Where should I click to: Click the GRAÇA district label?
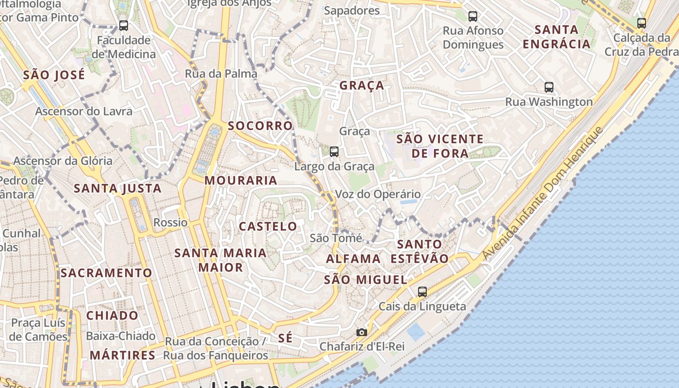pyautogui.click(x=361, y=86)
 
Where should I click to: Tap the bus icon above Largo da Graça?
pyautogui.click(x=334, y=152)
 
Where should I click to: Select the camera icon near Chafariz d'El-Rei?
pyautogui.click(x=361, y=332)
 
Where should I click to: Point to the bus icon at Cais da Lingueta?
pyautogui.click(x=422, y=291)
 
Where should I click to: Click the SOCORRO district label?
pyautogui.click(x=260, y=126)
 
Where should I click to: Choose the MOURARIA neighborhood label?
pyautogui.click(x=241, y=180)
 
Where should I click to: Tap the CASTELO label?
pyautogui.click(x=268, y=226)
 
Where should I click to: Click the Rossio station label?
pyautogui.click(x=170, y=223)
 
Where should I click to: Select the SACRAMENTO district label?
pyautogui.click(x=106, y=273)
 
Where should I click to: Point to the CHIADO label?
pyautogui.click(x=112, y=316)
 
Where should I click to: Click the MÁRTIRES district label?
pyautogui.click(x=122, y=355)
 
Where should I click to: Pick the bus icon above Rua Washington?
pyautogui.click(x=549, y=87)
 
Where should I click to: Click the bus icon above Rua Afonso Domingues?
pyautogui.click(x=473, y=16)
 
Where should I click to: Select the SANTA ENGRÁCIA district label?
pyautogui.click(x=556, y=37)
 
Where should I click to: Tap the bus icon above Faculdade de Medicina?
pyautogui.click(x=124, y=25)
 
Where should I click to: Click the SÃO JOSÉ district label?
pyautogui.click(x=54, y=75)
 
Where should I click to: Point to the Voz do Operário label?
pyautogui.click(x=378, y=194)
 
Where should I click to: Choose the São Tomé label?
pyautogui.click(x=336, y=238)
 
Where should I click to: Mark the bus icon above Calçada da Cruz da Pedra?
pyautogui.click(x=642, y=23)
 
